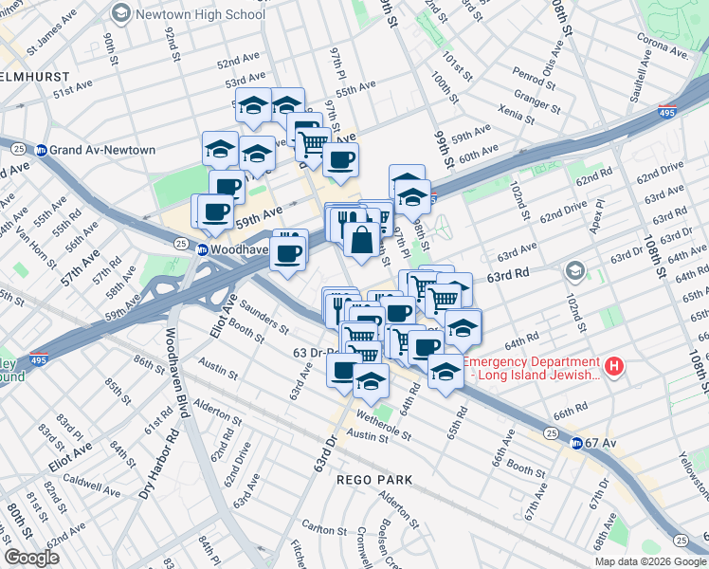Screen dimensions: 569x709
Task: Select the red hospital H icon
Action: click(614, 365)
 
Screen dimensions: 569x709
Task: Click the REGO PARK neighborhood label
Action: click(375, 480)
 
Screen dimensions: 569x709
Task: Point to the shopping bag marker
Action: click(361, 240)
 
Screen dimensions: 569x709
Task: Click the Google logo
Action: click(32, 558)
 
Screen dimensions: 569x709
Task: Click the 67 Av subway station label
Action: click(601, 443)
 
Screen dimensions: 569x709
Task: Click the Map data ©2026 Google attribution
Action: click(649, 561)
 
